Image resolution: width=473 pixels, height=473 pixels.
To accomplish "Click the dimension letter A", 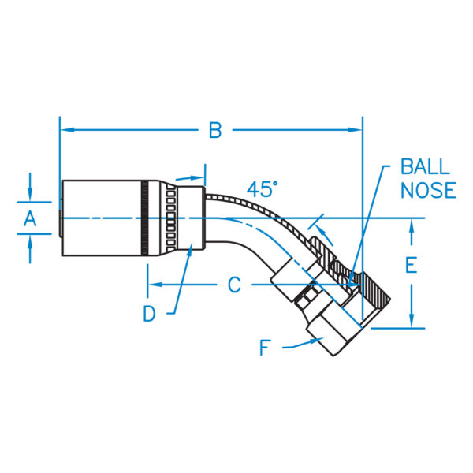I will click(x=30, y=219).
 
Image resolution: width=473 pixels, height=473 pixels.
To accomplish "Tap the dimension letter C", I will click(x=234, y=285).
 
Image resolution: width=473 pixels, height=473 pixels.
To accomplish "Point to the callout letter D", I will click(x=150, y=314).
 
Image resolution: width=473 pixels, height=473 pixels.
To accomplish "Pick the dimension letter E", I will click(x=411, y=265).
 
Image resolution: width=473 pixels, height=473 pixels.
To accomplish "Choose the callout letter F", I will click(x=266, y=346).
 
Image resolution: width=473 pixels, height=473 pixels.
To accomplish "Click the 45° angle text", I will click(x=263, y=189).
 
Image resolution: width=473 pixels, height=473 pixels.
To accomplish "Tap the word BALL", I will click(x=425, y=166).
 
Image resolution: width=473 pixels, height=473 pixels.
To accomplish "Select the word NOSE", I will click(x=427, y=190).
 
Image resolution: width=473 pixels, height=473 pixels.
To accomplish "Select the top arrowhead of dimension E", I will click(x=411, y=225).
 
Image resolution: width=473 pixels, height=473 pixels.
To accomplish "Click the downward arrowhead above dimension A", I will click(x=30, y=195).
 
